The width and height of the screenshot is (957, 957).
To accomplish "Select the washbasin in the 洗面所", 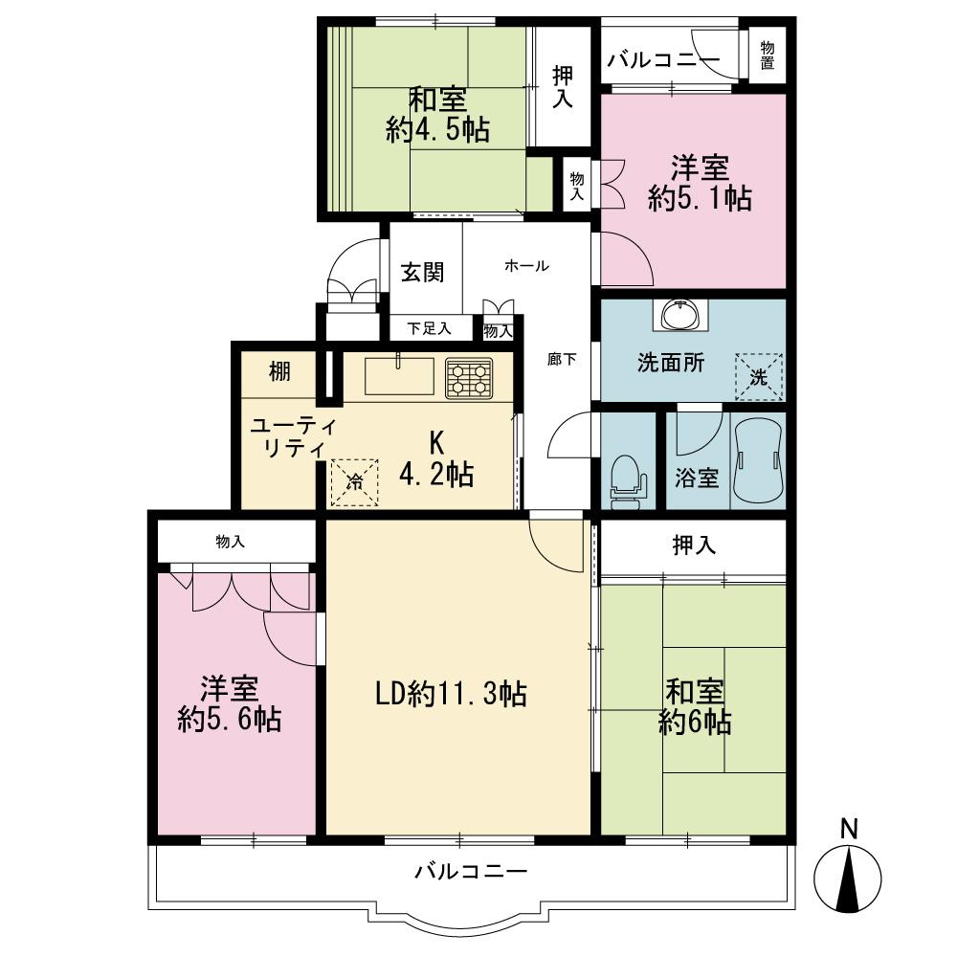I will click(680, 315).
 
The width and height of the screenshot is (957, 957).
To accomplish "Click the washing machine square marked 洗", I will click(759, 376).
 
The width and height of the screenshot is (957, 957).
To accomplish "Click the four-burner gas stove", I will click(469, 377).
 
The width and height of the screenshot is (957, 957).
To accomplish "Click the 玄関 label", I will click(422, 272).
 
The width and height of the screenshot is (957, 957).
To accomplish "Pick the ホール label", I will click(526, 266).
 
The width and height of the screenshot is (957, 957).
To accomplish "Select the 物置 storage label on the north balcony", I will click(769, 56).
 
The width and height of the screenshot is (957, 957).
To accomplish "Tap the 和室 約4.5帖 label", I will click(437, 115).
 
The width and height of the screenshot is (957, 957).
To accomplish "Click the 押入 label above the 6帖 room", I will click(694, 545).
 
